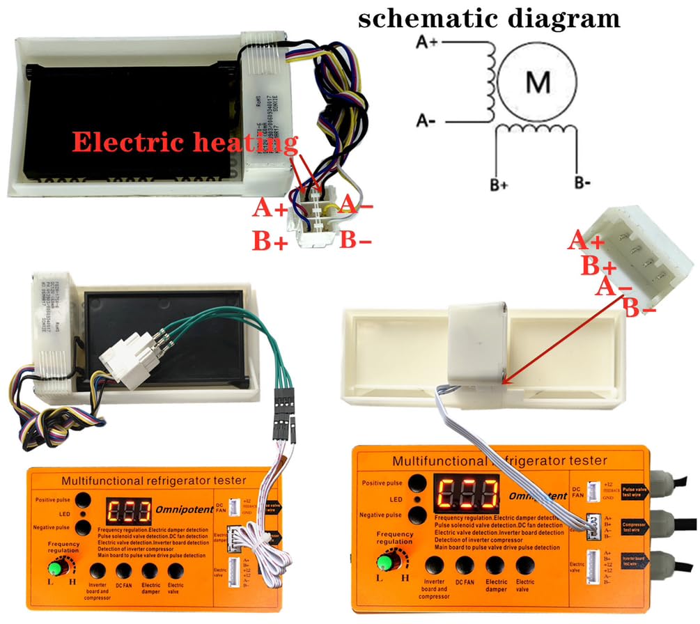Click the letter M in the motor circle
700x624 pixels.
point(537,83)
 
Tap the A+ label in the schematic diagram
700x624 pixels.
point(426,42)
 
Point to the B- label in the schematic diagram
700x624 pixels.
point(583,185)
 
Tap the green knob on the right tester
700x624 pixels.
point(382,561)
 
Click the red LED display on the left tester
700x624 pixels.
point(127,513)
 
